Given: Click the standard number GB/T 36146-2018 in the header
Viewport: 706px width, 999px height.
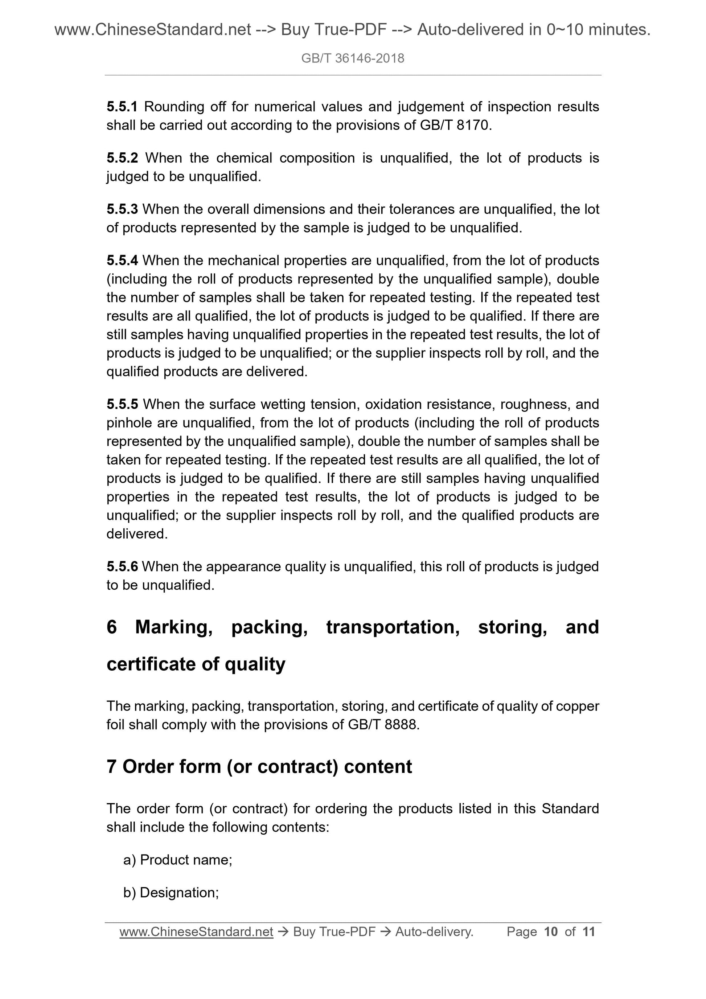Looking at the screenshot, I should pos(352,58).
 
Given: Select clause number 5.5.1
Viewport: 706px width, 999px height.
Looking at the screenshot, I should pos(122,107).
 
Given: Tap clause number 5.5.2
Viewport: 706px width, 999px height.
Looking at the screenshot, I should pos(122,158).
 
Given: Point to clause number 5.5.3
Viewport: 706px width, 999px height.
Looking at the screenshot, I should pos(122,209).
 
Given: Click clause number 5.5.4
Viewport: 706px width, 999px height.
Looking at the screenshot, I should pos(122,261).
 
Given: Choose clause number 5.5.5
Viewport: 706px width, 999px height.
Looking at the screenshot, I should pos(122,405).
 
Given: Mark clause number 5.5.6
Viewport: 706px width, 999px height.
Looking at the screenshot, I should pos(122,566).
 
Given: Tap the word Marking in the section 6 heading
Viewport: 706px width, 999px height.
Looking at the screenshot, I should pos(173,627).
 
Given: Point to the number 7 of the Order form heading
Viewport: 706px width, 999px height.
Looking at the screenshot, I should pos(111,766).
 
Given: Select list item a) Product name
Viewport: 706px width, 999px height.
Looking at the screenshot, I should pos(177,860).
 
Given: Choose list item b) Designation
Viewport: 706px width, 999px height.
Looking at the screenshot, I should pos(171,892).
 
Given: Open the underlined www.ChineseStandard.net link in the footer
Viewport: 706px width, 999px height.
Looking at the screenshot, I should pos(196,932).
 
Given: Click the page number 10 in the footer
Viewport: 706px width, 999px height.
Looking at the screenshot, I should pos(551,932).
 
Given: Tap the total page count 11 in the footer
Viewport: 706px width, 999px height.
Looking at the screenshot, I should pos(588,932).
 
